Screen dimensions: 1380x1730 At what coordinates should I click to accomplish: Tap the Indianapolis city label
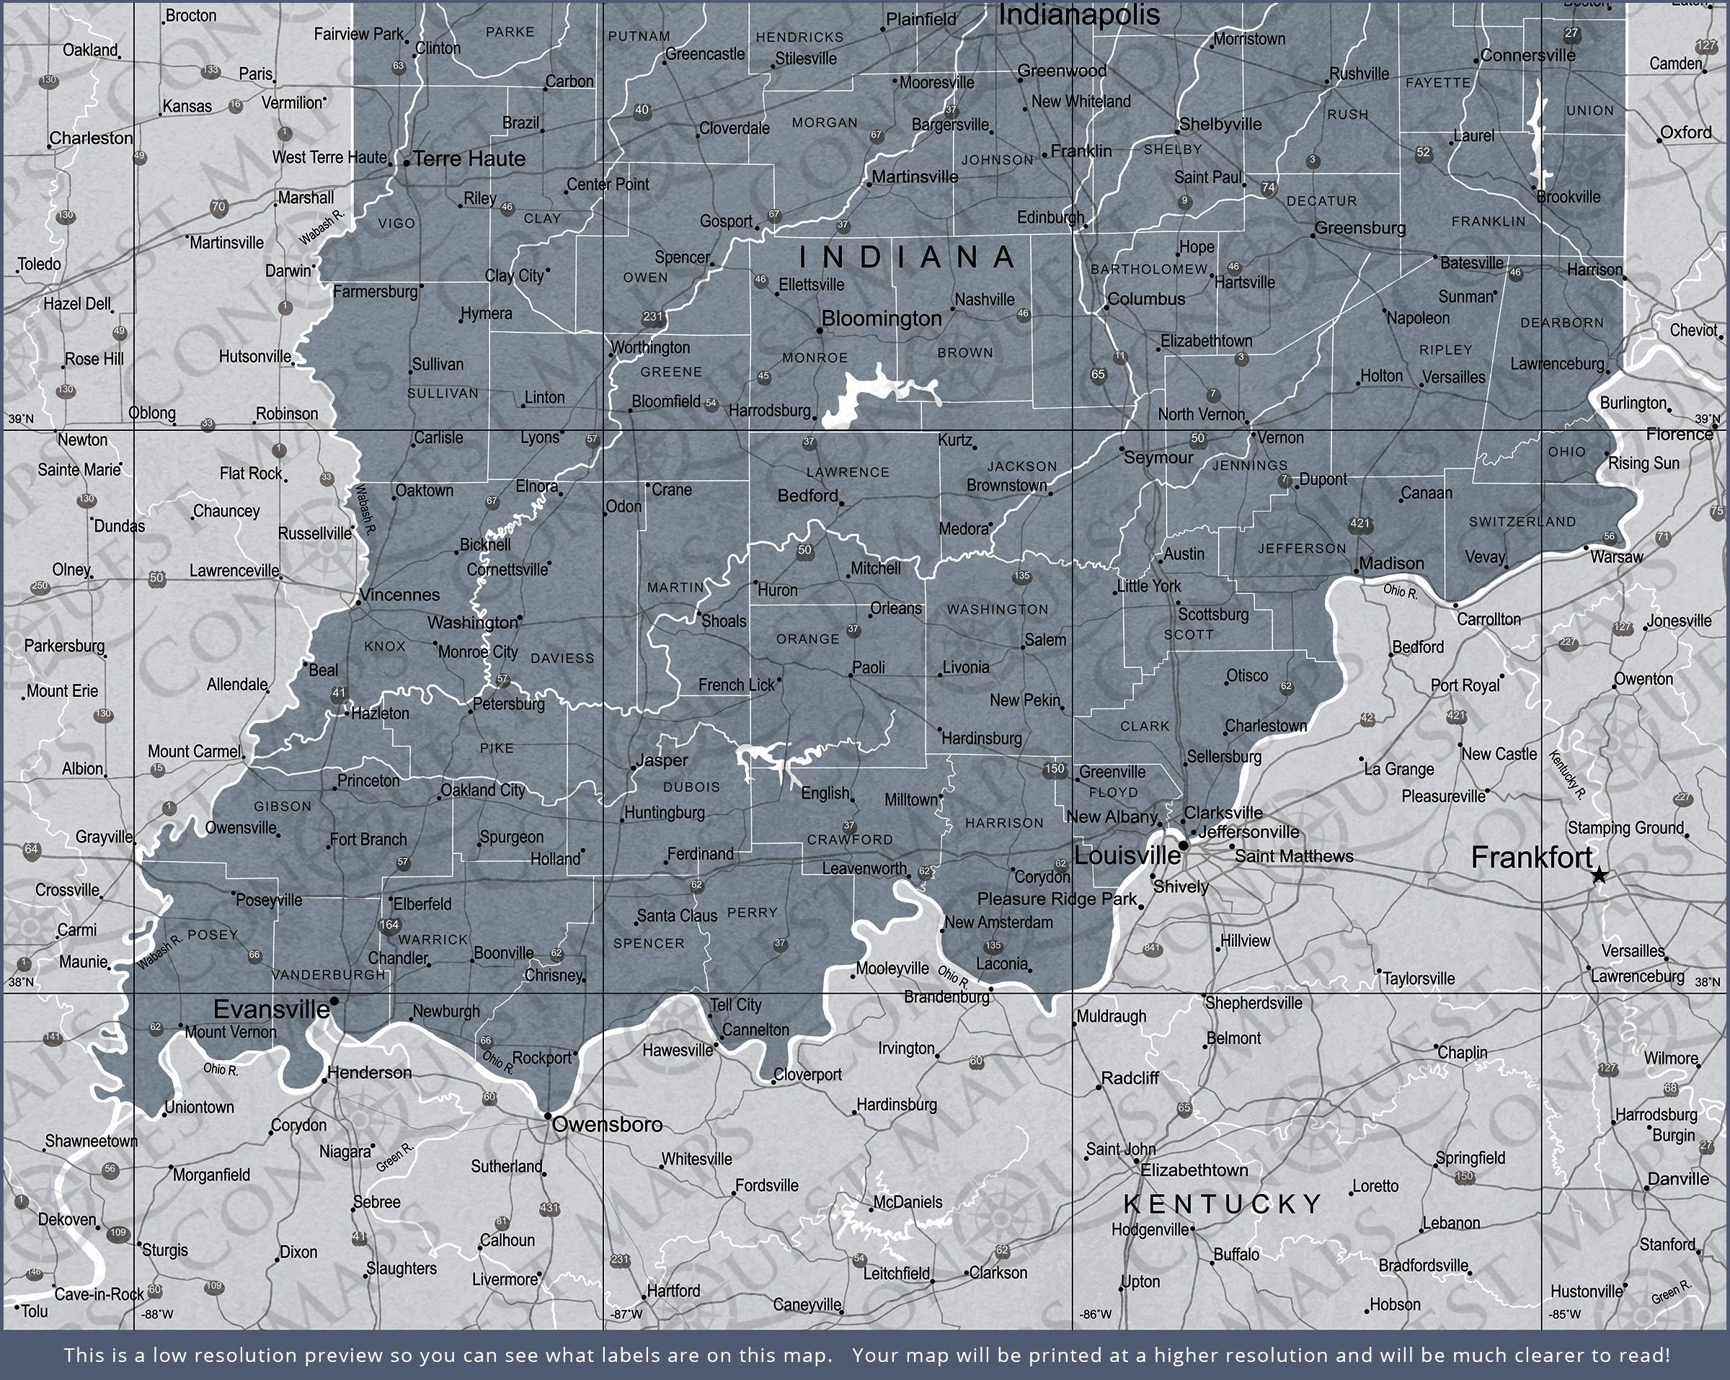(x=1078, y=14)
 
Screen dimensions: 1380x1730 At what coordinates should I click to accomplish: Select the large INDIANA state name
(x=908, y=257)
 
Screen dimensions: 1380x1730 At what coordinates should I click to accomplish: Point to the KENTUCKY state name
(x=1222, y=1203)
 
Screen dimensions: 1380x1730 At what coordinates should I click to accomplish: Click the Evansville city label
(x=271, y=1009)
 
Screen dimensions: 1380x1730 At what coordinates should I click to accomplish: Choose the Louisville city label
(x=1126, y=855)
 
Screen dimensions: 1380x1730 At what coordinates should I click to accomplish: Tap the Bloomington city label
(x=881, y=319)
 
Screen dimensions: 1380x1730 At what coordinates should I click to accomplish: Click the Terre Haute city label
(x=469, y=159)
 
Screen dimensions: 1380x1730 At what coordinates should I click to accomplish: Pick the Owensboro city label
(x=608, y=1124)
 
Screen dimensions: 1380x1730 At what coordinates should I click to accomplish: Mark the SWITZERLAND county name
(x=1522, y=522)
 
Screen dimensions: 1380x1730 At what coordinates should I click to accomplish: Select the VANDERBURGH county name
(x=328, y=975)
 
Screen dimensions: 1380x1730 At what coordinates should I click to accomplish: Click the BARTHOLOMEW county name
(x=1148, y=270)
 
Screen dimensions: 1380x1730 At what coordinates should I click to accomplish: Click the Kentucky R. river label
(x=1566, y=775)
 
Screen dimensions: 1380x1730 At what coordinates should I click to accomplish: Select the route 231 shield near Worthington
(x=652, y=317)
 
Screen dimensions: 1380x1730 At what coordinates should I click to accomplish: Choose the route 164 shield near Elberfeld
(x=389, y=925)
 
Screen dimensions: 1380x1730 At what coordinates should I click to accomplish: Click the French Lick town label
(x=736, y=685)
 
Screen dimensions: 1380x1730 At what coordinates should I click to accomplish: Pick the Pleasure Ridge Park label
(x=1057, y=899)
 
